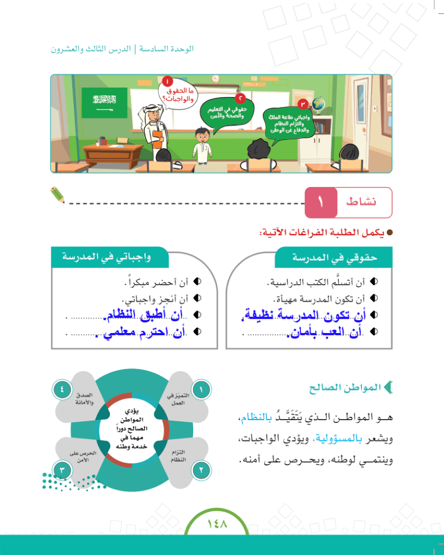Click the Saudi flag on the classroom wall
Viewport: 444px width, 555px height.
(104, 102)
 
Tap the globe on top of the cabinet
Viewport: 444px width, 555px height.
(319, 105)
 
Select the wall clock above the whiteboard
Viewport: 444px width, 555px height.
(215, 79)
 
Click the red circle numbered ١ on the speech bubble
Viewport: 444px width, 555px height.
(168, 82)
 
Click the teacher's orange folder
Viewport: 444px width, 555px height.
(157, 139)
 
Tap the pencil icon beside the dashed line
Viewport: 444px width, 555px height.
(57, 195)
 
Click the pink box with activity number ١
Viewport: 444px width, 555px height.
(321, 203)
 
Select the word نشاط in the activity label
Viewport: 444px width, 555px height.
(361, 202)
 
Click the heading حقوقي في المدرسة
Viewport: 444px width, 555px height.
(335, 258)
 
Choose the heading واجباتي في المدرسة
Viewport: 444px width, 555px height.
(107, 256)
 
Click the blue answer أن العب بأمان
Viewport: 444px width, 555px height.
(325, 332)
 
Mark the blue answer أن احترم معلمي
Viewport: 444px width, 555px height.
(140, 332)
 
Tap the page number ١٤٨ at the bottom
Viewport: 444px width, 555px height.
(217, 524)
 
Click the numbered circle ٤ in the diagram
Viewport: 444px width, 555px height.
(62, 390)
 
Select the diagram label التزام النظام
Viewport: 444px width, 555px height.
(178, 456)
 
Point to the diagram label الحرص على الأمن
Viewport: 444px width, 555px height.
(83, 456)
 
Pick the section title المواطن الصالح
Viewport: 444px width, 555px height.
(345, 387)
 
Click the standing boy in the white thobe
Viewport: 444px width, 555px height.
(202, 145)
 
